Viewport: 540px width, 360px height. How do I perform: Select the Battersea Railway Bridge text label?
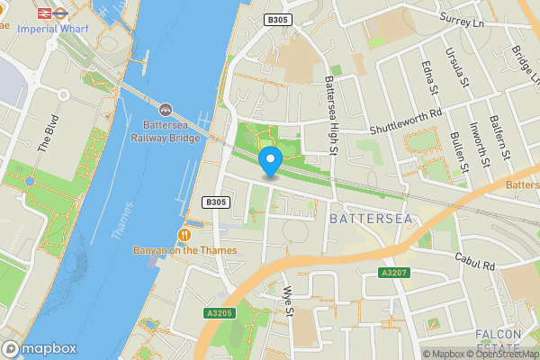[166, 130]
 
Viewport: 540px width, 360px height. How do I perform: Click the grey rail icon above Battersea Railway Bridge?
[166, 108]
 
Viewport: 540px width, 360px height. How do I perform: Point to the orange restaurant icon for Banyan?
[184, 234]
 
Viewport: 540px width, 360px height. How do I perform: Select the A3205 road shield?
[218, 312]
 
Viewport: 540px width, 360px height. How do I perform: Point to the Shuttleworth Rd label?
[407, 122]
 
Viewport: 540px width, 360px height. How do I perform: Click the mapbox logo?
[40, 348]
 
